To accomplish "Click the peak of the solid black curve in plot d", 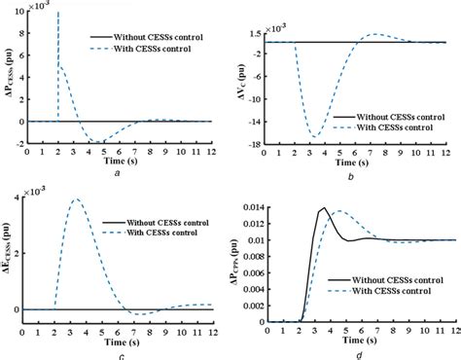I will point(323,208).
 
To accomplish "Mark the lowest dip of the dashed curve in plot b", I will point(316,135).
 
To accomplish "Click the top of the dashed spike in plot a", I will point(58,13).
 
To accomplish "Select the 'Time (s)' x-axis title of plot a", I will point(117,161).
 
